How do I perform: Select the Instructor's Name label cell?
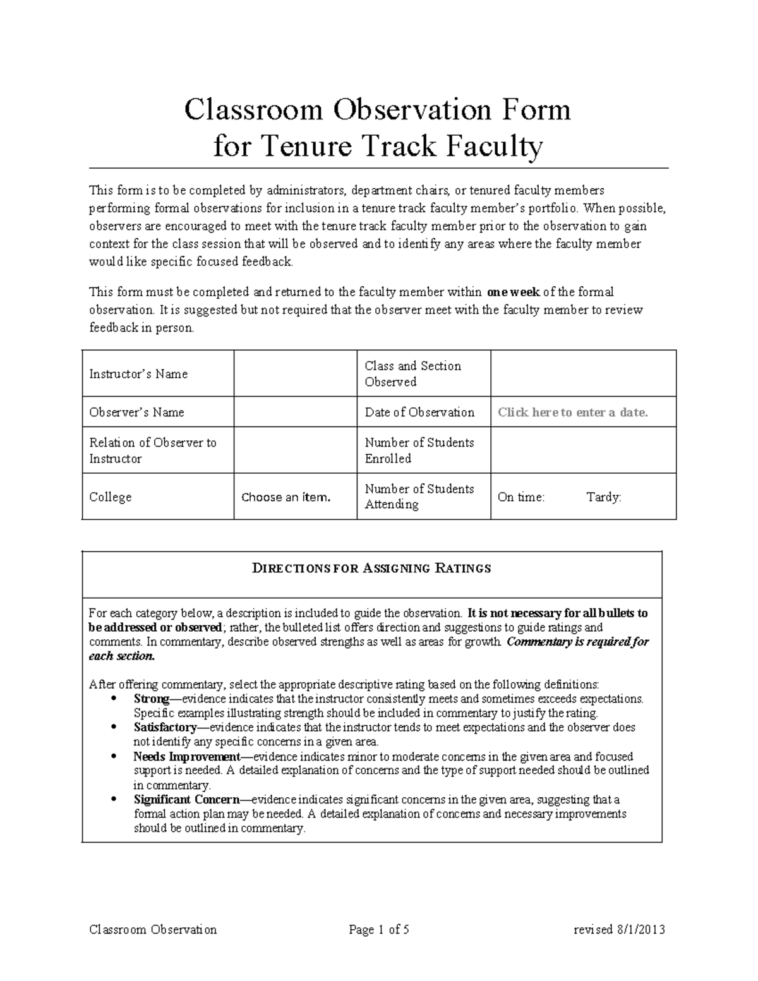(138, 374)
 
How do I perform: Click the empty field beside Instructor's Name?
(295, 374)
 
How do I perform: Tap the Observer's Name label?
(136, 412)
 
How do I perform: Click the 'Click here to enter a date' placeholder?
(573, 412)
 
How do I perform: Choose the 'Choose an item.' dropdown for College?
(286, 497)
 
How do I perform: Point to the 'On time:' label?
(521, 497)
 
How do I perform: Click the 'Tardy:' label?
(604, 497)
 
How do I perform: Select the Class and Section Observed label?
(412, 374)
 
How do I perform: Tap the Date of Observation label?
(419, 412)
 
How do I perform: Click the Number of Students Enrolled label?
(419, 450)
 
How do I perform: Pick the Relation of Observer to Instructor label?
(152, 450)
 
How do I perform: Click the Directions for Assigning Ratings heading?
(371, 569)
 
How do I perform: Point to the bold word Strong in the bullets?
(151, 699)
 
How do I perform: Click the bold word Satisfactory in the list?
(165, 728)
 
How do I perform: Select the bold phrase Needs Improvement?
(186, 757)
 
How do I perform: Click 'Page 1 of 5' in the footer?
(379, 929)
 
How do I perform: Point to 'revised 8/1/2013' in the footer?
(619, 929)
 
